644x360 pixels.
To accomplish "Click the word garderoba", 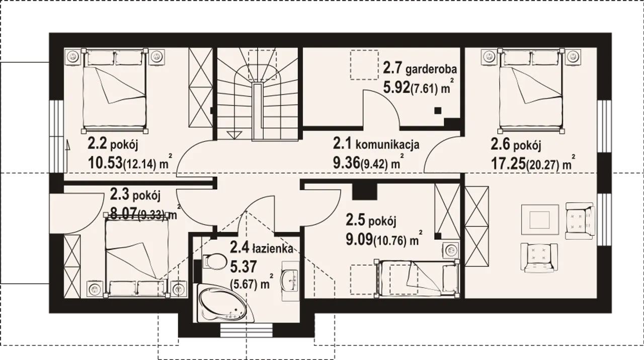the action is tap(431, 69).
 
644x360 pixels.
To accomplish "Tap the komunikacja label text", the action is tap(387, 144).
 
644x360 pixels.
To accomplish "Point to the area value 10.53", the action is tap(105, 163).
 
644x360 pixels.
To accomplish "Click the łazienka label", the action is tap(273, 249).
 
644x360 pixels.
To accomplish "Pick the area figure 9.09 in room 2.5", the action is tap(359, 239).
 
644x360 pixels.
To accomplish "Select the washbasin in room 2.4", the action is tap(290, 281).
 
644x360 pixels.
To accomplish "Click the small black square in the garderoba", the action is tap(438, 111).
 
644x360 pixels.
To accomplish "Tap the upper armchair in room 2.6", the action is tap(580, 221).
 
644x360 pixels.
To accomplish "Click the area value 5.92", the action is tap(396, 88).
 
